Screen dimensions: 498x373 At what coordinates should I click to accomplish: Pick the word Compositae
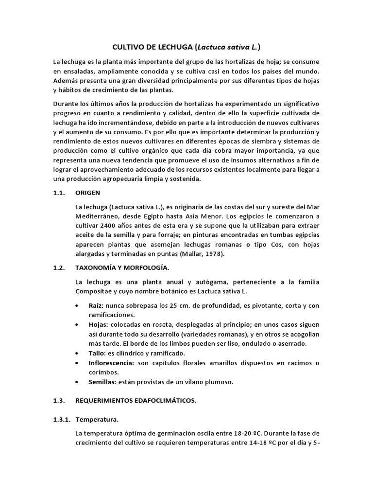point(95,291)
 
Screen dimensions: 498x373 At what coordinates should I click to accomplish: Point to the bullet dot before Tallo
point(79,353)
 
